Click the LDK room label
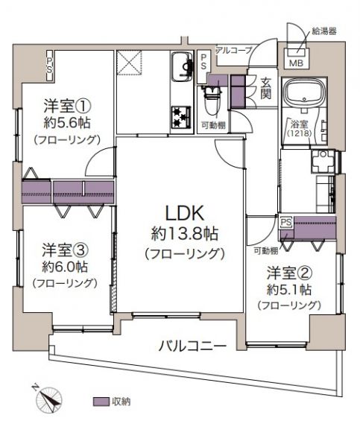click(x=185, y=214)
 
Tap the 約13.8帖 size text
click(x=185, y=235)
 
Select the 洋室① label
click(x=67, y=106)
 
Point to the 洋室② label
click(x=289, y=273)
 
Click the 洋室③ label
click(x=65, y=250)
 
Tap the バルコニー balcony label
click(x=192, y=346)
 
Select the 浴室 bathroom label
click(x=299, y=124)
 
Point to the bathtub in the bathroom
click(x=305, y=91)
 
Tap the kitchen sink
click(x=181, y=66)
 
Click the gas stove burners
click(x=181, y=117)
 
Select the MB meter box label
click(x=296, y=63)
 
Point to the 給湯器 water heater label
click(x=324, y=31)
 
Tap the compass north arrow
click(x=48, y=399)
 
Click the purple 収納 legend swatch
click(x=101, y=402)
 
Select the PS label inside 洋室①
click(x=50, y=65)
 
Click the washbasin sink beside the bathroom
click(x=323, y=161)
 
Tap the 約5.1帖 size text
click(x=288, y=290)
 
